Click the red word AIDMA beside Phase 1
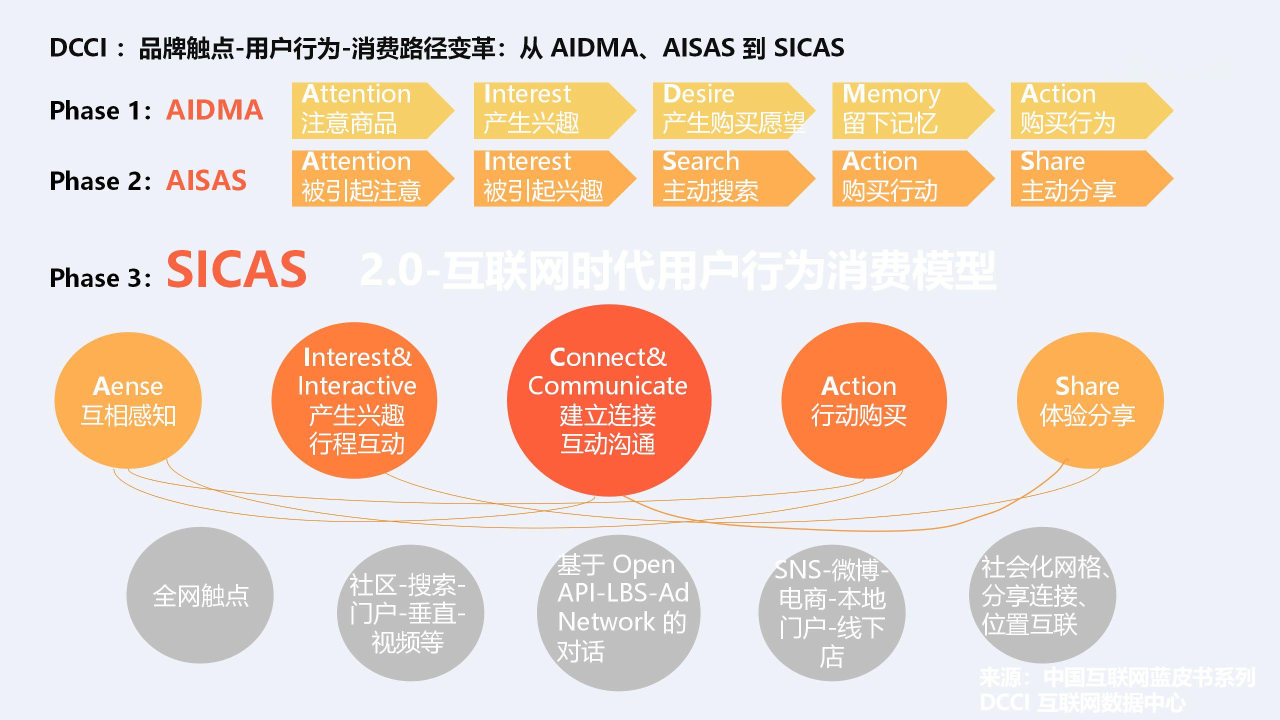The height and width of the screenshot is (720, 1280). (214, 110)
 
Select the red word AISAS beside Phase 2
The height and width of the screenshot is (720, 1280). (206, 180)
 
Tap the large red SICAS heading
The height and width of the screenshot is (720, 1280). (236, 270)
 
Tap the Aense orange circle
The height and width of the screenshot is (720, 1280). (128, 400)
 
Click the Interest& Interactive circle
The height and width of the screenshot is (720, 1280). (354, 400)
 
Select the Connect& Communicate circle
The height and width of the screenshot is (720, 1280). (608, 400)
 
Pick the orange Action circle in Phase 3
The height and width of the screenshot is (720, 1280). (863, 400)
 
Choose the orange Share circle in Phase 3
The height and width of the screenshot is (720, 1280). (1090, 400)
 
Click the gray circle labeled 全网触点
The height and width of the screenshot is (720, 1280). (200, 595)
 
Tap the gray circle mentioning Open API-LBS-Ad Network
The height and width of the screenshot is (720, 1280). (618, 613)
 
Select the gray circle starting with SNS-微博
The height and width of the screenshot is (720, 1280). (831, 613)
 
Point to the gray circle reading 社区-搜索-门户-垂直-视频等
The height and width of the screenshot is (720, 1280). (410, 613)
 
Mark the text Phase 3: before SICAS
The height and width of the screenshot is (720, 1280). (100, 278)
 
